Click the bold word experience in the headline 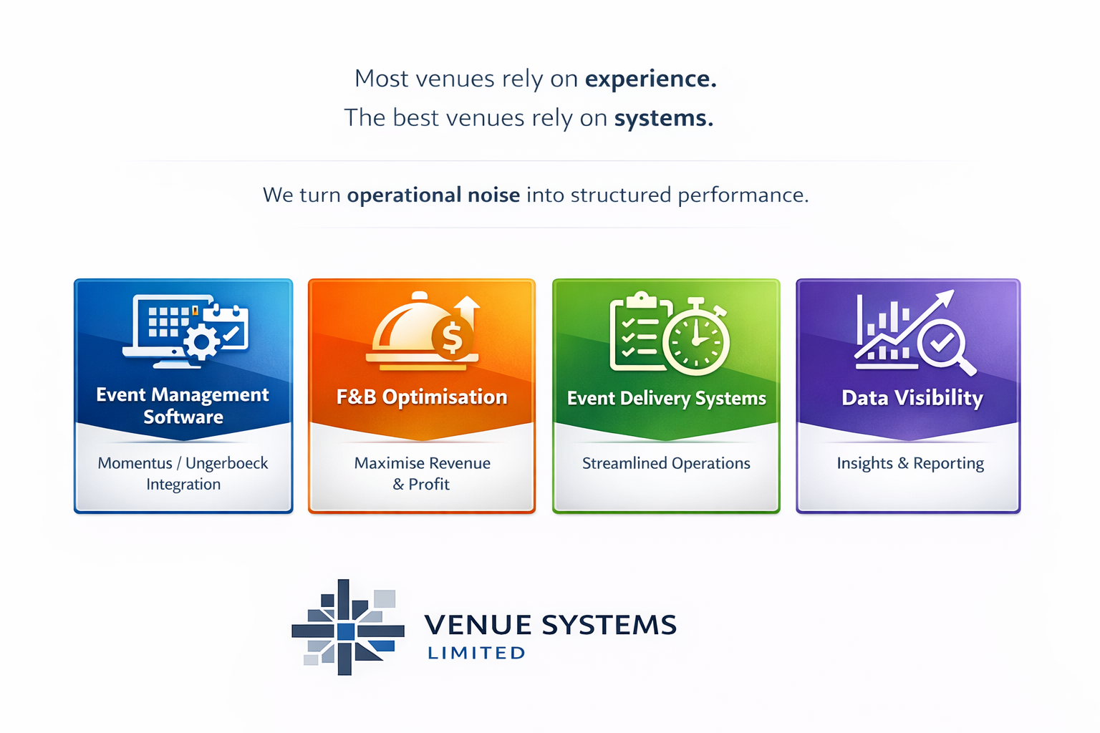650,79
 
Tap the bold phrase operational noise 433,195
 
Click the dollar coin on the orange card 452,336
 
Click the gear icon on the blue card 202,343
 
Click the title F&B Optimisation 422,397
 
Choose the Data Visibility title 912,398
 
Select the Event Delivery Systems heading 666,399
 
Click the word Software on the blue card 183,417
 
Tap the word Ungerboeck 226,463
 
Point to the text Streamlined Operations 666,463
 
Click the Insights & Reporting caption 910,463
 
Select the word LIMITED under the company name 476,653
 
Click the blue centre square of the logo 345,631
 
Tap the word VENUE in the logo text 478,625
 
